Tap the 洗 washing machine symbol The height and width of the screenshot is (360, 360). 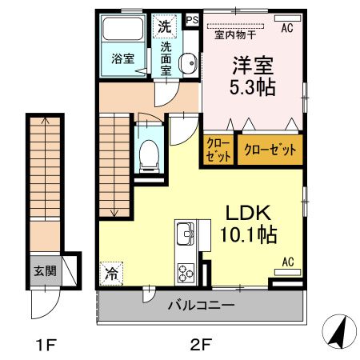[165, 25]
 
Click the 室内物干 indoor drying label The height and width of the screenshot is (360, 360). [232, 34]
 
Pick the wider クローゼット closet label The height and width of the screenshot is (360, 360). [269, 150]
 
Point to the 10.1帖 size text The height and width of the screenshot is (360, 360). [250, 236]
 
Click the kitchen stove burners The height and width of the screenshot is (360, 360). [187, 272]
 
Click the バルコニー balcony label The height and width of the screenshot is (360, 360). [201, 306]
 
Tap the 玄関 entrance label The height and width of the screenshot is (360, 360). [45, 271]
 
